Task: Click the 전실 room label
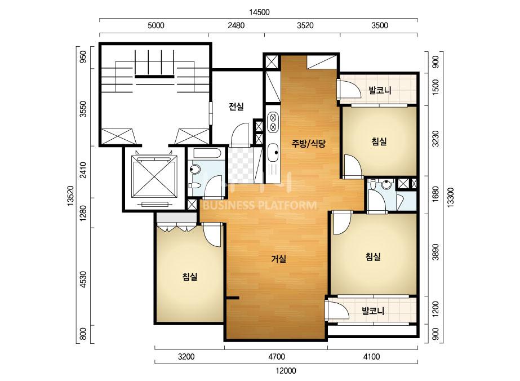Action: click(236, 107)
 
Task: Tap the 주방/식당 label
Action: click(308, 143)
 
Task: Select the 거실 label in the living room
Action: click(278, 259)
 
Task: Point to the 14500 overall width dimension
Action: click(259, 12)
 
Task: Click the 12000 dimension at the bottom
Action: click(286, 370)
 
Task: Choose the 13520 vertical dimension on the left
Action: click(70, 196)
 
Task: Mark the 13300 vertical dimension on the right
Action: click(451, 198)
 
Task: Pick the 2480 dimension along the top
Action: click(236, 25)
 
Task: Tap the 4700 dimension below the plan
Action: click(277, 357)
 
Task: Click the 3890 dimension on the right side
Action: click(435, 252)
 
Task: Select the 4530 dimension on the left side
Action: click(83, 280)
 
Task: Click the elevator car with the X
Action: click(153, 176)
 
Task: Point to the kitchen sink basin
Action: click(273, 153)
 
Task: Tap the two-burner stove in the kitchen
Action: click(273, 122)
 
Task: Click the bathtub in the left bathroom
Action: click(207, 153)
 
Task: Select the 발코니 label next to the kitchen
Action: click(380, 90)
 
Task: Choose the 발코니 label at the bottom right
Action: click(373, 311)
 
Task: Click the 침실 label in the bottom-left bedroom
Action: click(190, 277)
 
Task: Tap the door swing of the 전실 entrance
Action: click(239, 134)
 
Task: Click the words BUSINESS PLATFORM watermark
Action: click(259, 205)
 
